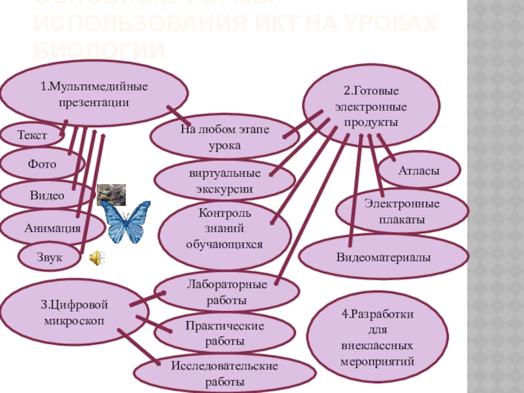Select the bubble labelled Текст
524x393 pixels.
31,136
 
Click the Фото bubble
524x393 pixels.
42,164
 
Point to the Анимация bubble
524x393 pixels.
52,228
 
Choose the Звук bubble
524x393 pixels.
50,257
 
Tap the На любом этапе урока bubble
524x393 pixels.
225,137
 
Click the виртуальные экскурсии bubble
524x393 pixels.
225,180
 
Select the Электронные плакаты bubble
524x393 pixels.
402,211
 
